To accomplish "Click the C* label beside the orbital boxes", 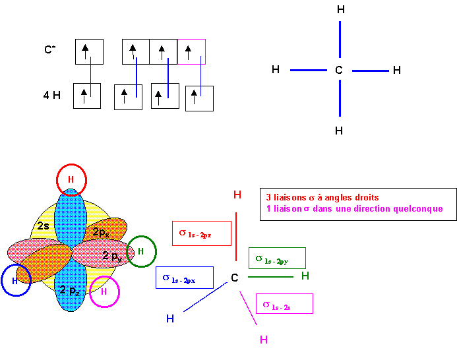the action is click(50, 49).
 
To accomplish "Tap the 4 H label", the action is click(52, 95).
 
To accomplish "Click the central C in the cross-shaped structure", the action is click(339, 70).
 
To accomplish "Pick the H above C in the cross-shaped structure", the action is click(341, 10).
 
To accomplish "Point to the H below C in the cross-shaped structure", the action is click(339, 131).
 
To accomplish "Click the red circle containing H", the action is click(71, 165).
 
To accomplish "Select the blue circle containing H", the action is click(3, 280).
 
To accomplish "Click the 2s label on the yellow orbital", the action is click(43, 225).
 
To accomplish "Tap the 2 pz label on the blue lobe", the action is click(69, 290).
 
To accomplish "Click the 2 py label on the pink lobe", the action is click(113, 256).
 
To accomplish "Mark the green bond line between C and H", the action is click(270, 277).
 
